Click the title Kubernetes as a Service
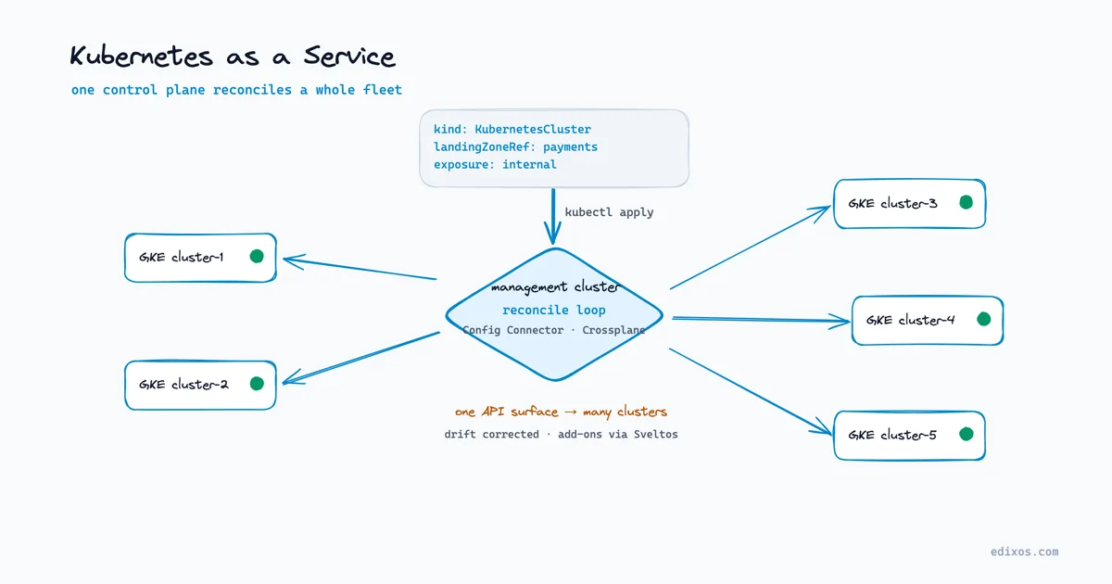point(233,56)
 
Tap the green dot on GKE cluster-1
point(257,256)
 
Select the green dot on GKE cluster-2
point(257,384)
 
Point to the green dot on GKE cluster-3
point(966,202)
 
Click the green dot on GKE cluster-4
point(984,319)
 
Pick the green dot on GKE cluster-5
point(966,434)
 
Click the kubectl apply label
point(609,212)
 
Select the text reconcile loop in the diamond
point(554,311)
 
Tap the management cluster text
point(555,287)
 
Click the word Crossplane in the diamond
point(613,330)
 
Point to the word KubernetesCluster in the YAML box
point(533,129)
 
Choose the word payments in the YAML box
point(571,147)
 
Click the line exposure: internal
point(495,164)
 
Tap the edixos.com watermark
point(1024,552)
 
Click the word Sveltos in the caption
point(656,435)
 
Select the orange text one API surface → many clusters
point(561,413)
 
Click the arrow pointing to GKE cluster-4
point(761,320)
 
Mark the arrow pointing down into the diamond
point(553,217)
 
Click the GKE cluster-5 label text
point(892,435)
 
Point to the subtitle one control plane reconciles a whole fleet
point(236,90)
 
